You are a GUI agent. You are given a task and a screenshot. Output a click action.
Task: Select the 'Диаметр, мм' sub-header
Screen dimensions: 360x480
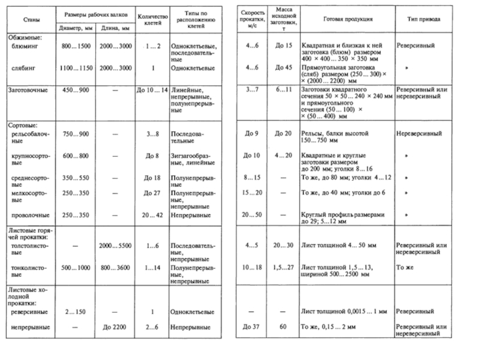pos(75,28)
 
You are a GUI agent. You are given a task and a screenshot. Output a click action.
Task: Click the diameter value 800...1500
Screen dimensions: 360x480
pos(75,46)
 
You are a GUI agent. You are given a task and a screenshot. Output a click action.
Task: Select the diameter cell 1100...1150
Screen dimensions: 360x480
pos(75,68)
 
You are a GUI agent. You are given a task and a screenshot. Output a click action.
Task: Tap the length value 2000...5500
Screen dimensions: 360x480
pos(116,245)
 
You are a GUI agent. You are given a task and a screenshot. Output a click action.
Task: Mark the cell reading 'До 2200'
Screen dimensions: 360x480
pos(116,328)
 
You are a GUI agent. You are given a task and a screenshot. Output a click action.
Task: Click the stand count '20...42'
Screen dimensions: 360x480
pos(152,214)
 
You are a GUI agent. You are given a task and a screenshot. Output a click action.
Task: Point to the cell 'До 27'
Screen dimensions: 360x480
pos(152,193)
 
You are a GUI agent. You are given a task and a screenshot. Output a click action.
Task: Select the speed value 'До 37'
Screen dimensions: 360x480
pos(250,328)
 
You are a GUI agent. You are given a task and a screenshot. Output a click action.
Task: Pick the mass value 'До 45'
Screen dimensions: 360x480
pos(283,68)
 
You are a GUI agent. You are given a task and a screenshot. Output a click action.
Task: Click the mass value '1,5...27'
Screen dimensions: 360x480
pos(283,267)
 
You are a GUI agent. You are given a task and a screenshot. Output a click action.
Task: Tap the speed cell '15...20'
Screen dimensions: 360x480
pos(250,193)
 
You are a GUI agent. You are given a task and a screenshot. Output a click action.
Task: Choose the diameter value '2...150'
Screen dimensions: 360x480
pos(75,313)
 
